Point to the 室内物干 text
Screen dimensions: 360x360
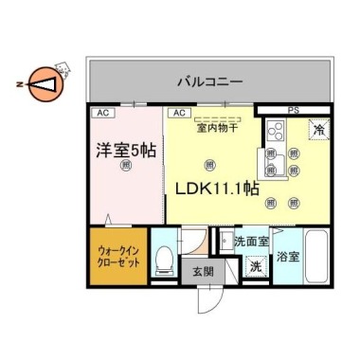217,128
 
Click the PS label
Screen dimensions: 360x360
294,111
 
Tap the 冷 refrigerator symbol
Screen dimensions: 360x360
319,130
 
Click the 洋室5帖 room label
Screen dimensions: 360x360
126,149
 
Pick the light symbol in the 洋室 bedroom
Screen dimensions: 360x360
127,166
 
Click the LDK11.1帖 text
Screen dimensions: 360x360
216,189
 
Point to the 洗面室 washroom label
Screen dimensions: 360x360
251,242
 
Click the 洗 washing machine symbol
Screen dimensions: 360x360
255,267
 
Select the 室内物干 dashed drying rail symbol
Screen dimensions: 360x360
217,118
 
